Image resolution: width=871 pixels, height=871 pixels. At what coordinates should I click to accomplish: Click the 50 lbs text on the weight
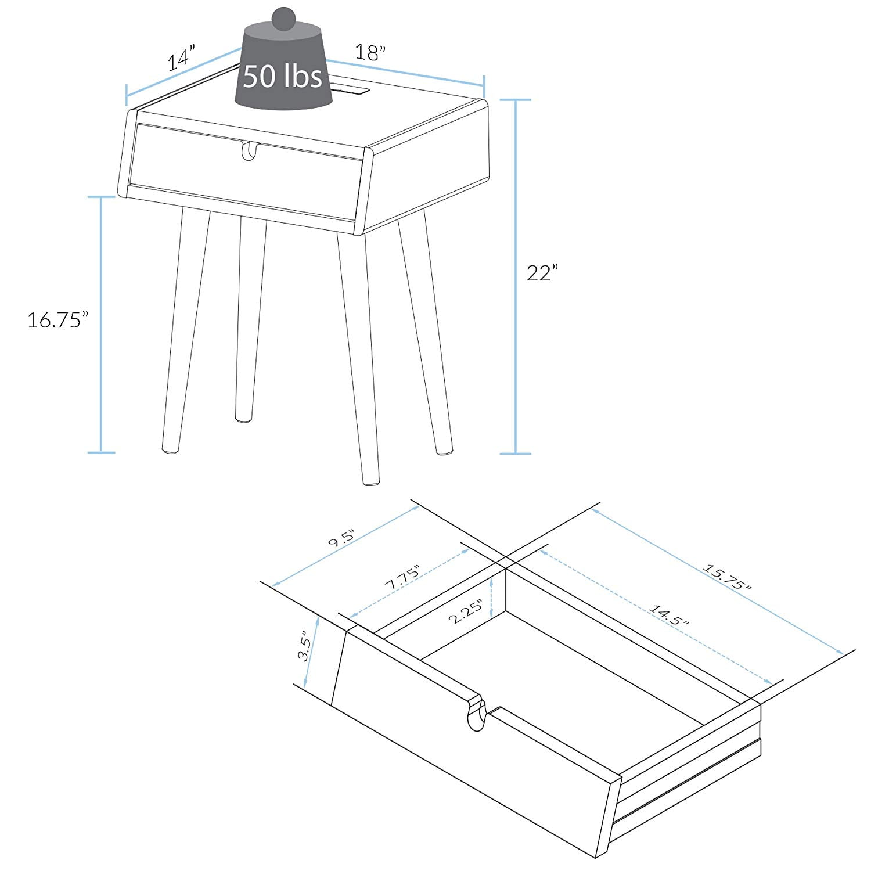tap(282, 75)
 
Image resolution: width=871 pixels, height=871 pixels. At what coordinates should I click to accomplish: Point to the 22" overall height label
tap(542, 273)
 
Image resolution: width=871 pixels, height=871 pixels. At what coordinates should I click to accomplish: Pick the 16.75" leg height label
tap(58, 319)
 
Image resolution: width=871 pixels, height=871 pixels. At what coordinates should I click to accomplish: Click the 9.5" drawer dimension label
tap(343, 539)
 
